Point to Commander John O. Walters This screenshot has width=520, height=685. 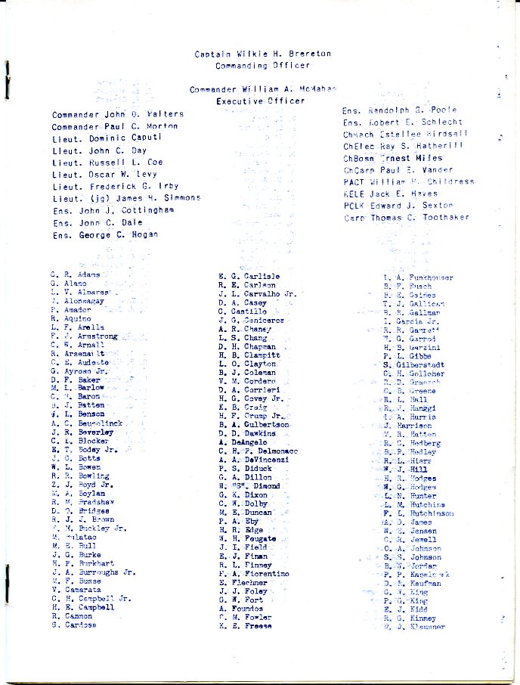click(x=117, y=115)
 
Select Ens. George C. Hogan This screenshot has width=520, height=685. click(x=105, y=235)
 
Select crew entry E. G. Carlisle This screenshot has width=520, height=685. click(x=249, y=277)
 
